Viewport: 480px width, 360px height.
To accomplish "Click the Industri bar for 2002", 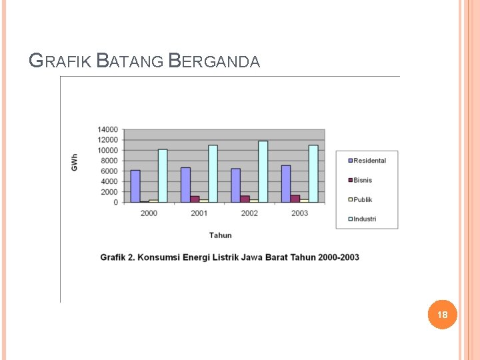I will (x=263, y=171).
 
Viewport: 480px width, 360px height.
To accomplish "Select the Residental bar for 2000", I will (x=135, y=186).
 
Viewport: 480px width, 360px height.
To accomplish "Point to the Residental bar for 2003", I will (x=286, y=183).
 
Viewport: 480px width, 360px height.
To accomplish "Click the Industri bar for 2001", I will (x=213, y=173).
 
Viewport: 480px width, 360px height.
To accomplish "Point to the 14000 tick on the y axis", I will (x=107, y=129).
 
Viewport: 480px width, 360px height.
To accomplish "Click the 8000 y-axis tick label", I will (x=109, y=161).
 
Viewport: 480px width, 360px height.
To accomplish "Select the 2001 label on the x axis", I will (x=199, y=213).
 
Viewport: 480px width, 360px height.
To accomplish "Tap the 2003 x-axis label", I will (x=299, y=213).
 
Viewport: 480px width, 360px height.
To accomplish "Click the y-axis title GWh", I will (x=75, y=161).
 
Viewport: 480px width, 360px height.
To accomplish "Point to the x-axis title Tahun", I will (x=221, y=235).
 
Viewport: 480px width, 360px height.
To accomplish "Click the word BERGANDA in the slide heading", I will (x=214, y=61).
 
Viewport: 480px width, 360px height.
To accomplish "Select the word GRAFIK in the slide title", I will (x=61, y=61).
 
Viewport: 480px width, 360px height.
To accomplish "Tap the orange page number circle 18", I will (x=443, y=314).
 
